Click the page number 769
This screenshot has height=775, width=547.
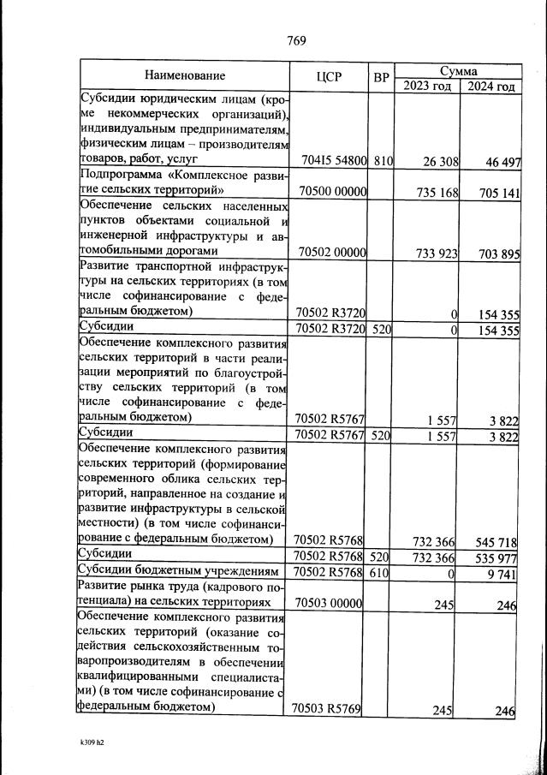[296, 40]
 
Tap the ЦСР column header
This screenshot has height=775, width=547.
[329, 76]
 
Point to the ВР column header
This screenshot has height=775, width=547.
[382, 76]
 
